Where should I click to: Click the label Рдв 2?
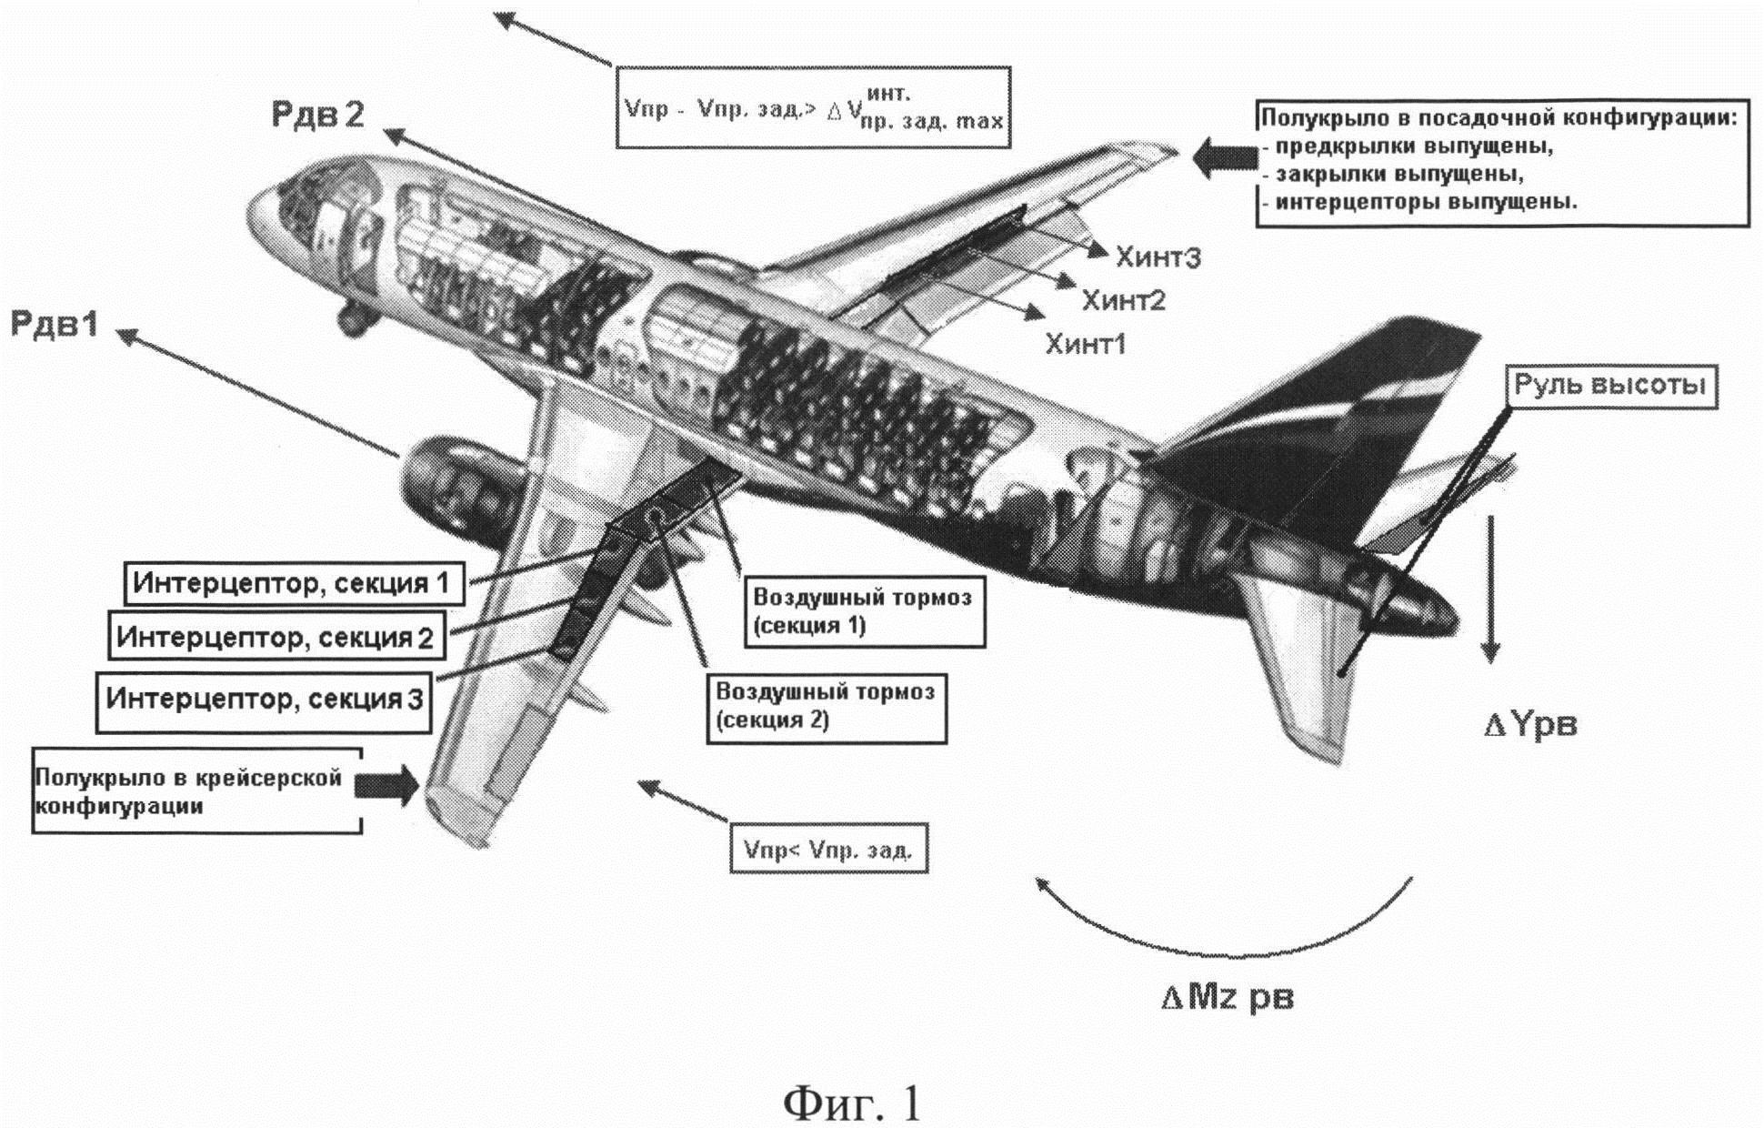[x=317, y=115]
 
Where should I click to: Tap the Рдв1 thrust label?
[x=55, y=325]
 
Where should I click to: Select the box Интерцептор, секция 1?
[x=294, y=583]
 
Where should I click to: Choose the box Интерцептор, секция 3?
[x=264, y=700]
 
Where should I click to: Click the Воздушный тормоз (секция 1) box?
[x=863, y=611]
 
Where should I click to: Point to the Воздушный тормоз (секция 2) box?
[x=826, y=706]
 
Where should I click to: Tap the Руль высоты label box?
[x=1610, y=386]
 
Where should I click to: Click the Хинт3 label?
[x=1158, y=258]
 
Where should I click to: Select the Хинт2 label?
[x=1123, y=300]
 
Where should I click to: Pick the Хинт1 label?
[x=1086, y=344]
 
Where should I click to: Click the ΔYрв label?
[x=1531, y=725]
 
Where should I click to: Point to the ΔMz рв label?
[x=1227, y=998]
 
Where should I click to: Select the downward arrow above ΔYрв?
[x=1489, y=587]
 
